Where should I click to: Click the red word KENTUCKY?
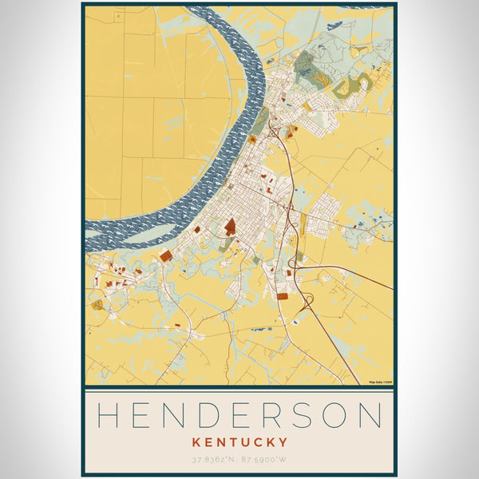tap(239, 441)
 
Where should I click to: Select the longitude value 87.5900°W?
tap(264, 459)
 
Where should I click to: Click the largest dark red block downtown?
tap(230, 227)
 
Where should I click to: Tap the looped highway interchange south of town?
tap(307, 303)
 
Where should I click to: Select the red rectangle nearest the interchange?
tap(282, 296)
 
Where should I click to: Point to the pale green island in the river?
tap(148, 233)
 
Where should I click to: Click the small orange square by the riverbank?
tap(252, 139)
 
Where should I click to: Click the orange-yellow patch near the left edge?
tap(97, 304)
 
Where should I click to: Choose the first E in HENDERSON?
tap(142, 416)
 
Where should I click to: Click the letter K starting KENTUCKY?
tap(195, 441)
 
